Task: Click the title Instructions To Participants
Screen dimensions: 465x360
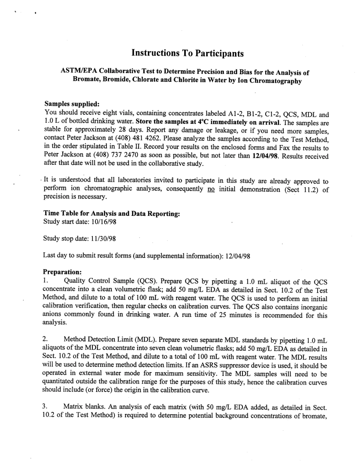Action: coord(187,53)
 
